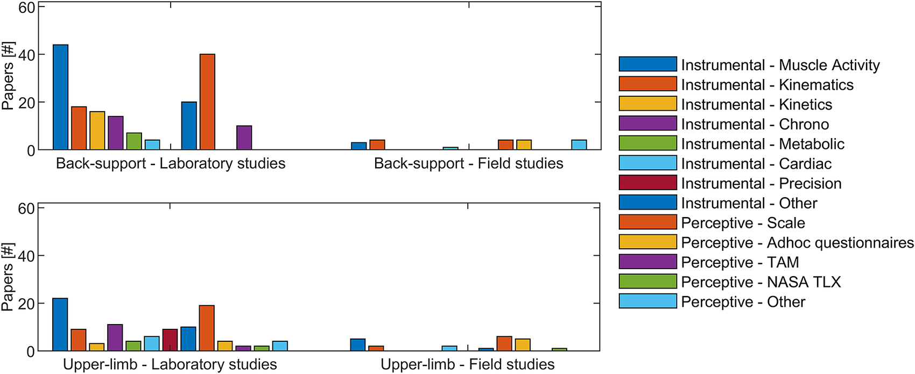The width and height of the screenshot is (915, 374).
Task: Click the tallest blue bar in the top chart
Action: (x=60, y=97)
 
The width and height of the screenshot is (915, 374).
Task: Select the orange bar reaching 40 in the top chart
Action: (x=207, y=102)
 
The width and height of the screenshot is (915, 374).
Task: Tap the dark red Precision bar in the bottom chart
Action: (x=170, y=340)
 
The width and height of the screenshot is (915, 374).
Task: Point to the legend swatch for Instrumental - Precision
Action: (x=647, y=183)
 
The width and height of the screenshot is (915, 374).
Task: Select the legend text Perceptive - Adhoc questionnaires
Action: (x=797, y=243)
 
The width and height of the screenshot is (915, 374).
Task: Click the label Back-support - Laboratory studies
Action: (x=171, y=163)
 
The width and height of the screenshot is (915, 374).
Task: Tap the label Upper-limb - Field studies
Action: (x=467, y=364)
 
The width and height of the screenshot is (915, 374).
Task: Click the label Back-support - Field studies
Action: (x=468, y=163)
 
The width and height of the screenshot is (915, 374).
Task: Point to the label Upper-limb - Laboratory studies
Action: (x=170, y=364)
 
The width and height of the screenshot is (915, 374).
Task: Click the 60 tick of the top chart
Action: (x=26, y=8)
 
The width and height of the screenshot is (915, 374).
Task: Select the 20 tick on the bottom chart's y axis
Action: (x=26, y=304)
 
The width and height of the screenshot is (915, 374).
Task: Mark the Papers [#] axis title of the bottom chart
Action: (x=8, y=277)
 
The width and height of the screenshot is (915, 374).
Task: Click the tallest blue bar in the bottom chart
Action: (x=60, y=325)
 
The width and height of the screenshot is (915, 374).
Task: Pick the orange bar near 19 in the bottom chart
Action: (x=207, y=328)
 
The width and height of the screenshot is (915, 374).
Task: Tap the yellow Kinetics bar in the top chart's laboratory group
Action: (x=97, y=131)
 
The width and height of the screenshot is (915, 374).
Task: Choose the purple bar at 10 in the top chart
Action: (x=244, y=138)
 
